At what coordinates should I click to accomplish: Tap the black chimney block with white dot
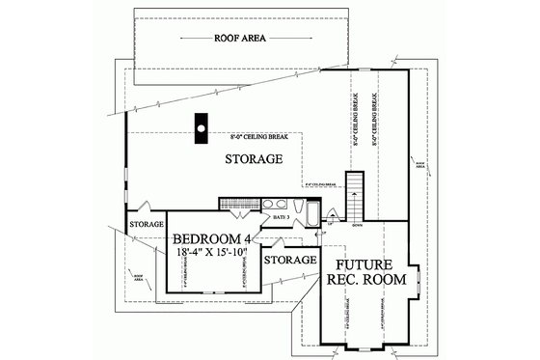(201, 127)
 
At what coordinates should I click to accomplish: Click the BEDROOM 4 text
(213, 237)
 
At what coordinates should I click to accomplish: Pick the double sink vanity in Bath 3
(276, 206)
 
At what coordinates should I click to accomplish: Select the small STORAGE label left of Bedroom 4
(147, 224)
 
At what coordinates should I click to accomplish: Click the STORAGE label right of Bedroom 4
(290, 260)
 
